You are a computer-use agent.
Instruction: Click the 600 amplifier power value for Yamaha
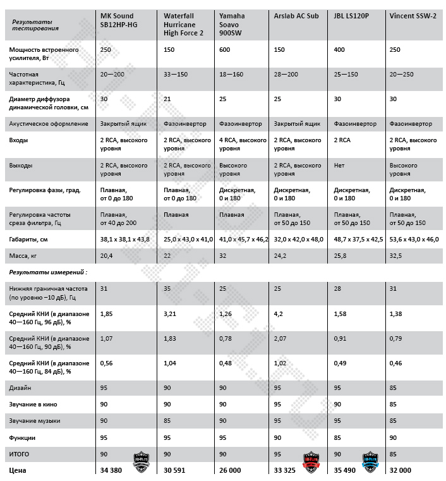coord(224,49)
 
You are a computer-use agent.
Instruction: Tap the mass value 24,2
coord(281,255)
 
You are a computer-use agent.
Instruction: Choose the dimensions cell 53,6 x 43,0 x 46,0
coord(414,240)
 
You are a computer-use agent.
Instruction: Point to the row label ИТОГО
coord(20,454)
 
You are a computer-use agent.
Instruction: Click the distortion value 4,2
coord(279,314)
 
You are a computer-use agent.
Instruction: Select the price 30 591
coord(176,471)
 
